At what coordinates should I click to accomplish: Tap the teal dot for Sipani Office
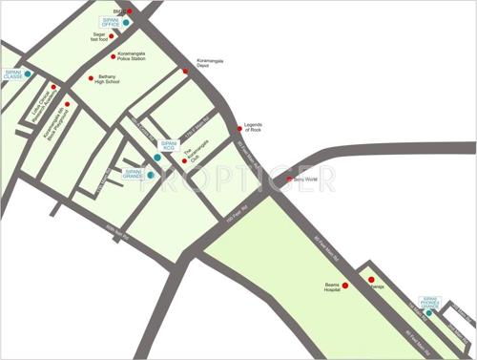[126, 21]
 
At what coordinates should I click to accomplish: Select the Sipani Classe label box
[12, 74]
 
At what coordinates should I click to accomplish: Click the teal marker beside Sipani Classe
[28, 74]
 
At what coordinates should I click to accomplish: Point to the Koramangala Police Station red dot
[113, 56]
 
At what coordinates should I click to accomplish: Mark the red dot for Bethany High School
[92, 78]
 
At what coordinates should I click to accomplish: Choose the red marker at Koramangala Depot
[186, 71]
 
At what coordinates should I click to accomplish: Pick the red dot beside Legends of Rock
[239, 127]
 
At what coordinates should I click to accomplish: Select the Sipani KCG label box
[169, 145]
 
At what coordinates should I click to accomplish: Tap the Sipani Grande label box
[134, 174]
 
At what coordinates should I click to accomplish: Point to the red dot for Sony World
[290, 179]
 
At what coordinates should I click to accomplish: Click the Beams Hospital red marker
[345, 286]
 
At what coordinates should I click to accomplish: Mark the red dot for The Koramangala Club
[184, 160]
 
